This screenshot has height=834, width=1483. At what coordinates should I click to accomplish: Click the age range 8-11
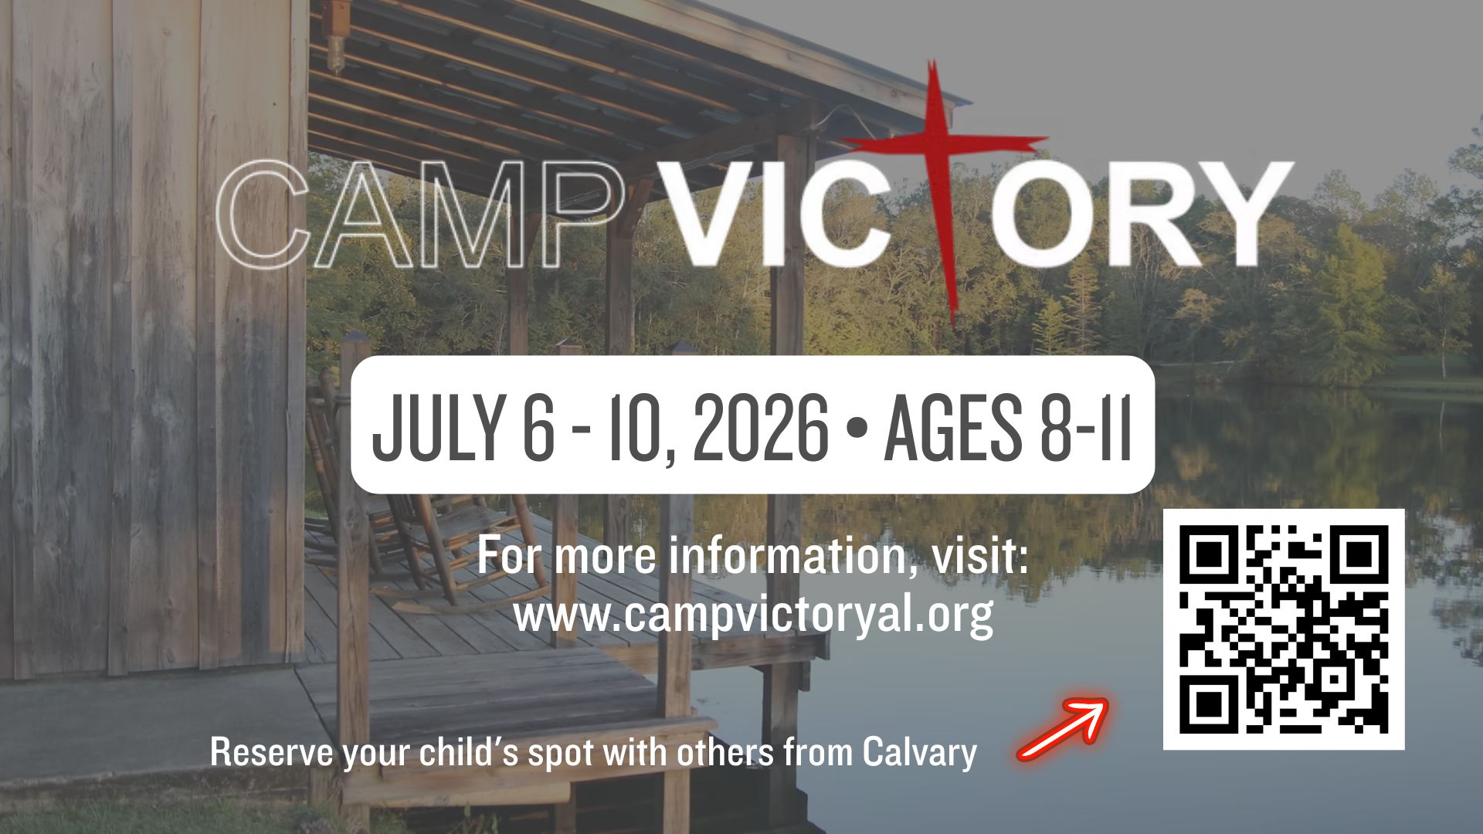(1081, 425)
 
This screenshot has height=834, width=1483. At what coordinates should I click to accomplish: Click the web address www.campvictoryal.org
(753, 614)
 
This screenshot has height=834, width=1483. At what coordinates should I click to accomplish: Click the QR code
(1284, 629)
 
